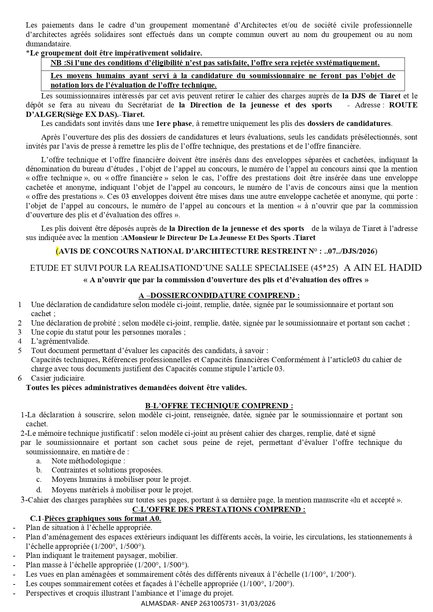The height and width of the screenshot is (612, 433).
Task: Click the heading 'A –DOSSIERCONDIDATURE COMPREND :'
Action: tap(219, 296)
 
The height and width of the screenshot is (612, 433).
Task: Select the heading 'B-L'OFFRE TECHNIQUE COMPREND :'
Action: tap(219, 406)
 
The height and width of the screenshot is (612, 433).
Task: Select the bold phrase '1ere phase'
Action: tap(174, 123)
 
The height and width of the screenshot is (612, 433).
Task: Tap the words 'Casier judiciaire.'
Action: tap(58, 378)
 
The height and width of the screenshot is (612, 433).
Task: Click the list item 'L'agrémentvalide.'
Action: tap(60, 341)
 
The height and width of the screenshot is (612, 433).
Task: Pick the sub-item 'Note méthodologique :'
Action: tap(88, 461)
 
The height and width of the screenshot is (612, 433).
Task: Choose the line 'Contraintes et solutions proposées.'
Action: tap(107, 470)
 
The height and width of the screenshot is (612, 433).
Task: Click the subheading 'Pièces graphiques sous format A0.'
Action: tap(103, 518)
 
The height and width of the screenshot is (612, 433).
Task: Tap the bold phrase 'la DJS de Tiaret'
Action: tap(371, 96)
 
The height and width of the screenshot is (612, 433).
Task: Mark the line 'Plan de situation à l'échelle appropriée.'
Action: tap(89, 528)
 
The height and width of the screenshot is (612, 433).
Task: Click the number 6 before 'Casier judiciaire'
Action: tap(20, 378)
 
